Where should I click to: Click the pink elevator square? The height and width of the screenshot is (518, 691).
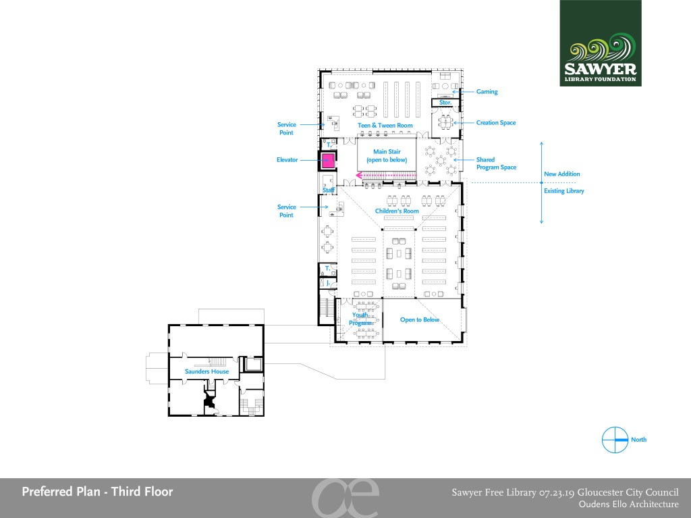327,160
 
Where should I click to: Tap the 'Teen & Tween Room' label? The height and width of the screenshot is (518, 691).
385,126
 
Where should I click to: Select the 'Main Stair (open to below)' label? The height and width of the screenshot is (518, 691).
387,156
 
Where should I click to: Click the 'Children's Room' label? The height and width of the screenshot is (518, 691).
397,211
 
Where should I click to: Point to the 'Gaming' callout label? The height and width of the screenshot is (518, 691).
487,92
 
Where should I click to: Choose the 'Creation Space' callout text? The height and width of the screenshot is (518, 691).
496,123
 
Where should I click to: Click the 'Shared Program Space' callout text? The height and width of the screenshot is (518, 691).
496,163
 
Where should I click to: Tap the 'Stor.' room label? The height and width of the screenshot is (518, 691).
445,103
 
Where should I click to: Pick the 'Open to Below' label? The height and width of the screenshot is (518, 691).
420,319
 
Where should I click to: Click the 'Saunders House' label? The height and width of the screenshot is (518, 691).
206,371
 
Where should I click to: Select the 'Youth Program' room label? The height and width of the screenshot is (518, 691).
360,319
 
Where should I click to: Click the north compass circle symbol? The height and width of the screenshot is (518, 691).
615,440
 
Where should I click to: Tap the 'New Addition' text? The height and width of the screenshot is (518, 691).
562,174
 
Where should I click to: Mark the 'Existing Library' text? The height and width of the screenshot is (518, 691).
563,190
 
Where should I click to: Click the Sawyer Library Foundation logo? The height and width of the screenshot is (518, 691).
601,43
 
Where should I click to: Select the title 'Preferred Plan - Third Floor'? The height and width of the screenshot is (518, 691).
97,492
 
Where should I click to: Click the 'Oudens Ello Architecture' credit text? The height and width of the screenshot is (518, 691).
629,504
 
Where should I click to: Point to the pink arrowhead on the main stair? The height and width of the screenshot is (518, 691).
359,176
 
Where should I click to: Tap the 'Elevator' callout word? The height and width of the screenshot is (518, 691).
287,160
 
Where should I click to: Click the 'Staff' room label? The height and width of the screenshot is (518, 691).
329,190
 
